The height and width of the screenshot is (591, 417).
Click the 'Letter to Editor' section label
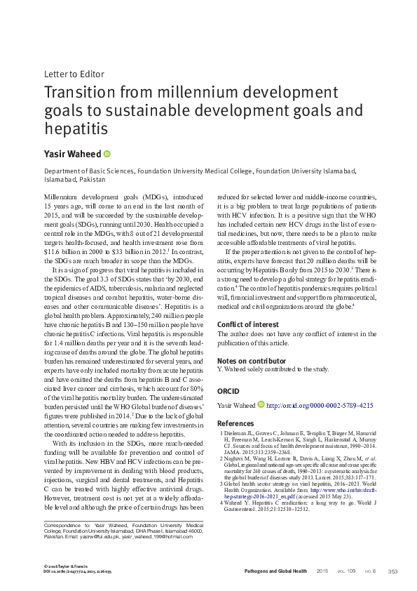[74, 73]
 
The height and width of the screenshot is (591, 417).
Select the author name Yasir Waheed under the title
[72, 154]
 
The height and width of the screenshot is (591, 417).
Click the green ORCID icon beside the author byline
[107, 154]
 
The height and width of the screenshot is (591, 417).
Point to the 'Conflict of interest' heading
[248, 324]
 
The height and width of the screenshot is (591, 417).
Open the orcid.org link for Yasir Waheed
[320, 405]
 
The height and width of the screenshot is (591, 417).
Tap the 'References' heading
[235, 423]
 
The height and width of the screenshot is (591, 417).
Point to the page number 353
[392, 571]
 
